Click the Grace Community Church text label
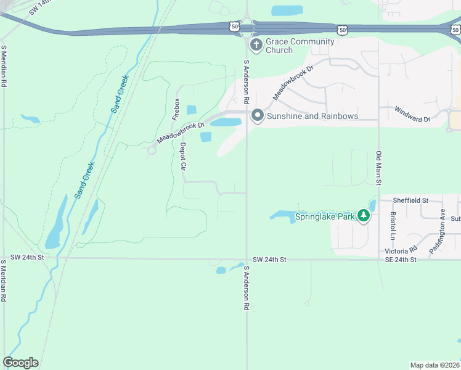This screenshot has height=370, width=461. point(300,46)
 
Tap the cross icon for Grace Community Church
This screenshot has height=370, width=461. point(256,45)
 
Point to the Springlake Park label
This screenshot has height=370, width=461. point(325,216)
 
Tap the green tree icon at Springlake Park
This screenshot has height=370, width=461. point(364,216)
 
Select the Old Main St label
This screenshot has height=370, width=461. point(380,168)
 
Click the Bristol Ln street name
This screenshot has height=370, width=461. point(393,226)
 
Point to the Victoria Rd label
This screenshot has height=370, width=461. point(401,251)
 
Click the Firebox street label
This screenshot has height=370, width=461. point(176,109)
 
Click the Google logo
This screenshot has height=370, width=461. point(20,363)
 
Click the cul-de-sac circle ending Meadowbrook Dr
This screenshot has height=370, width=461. point(152,150)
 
